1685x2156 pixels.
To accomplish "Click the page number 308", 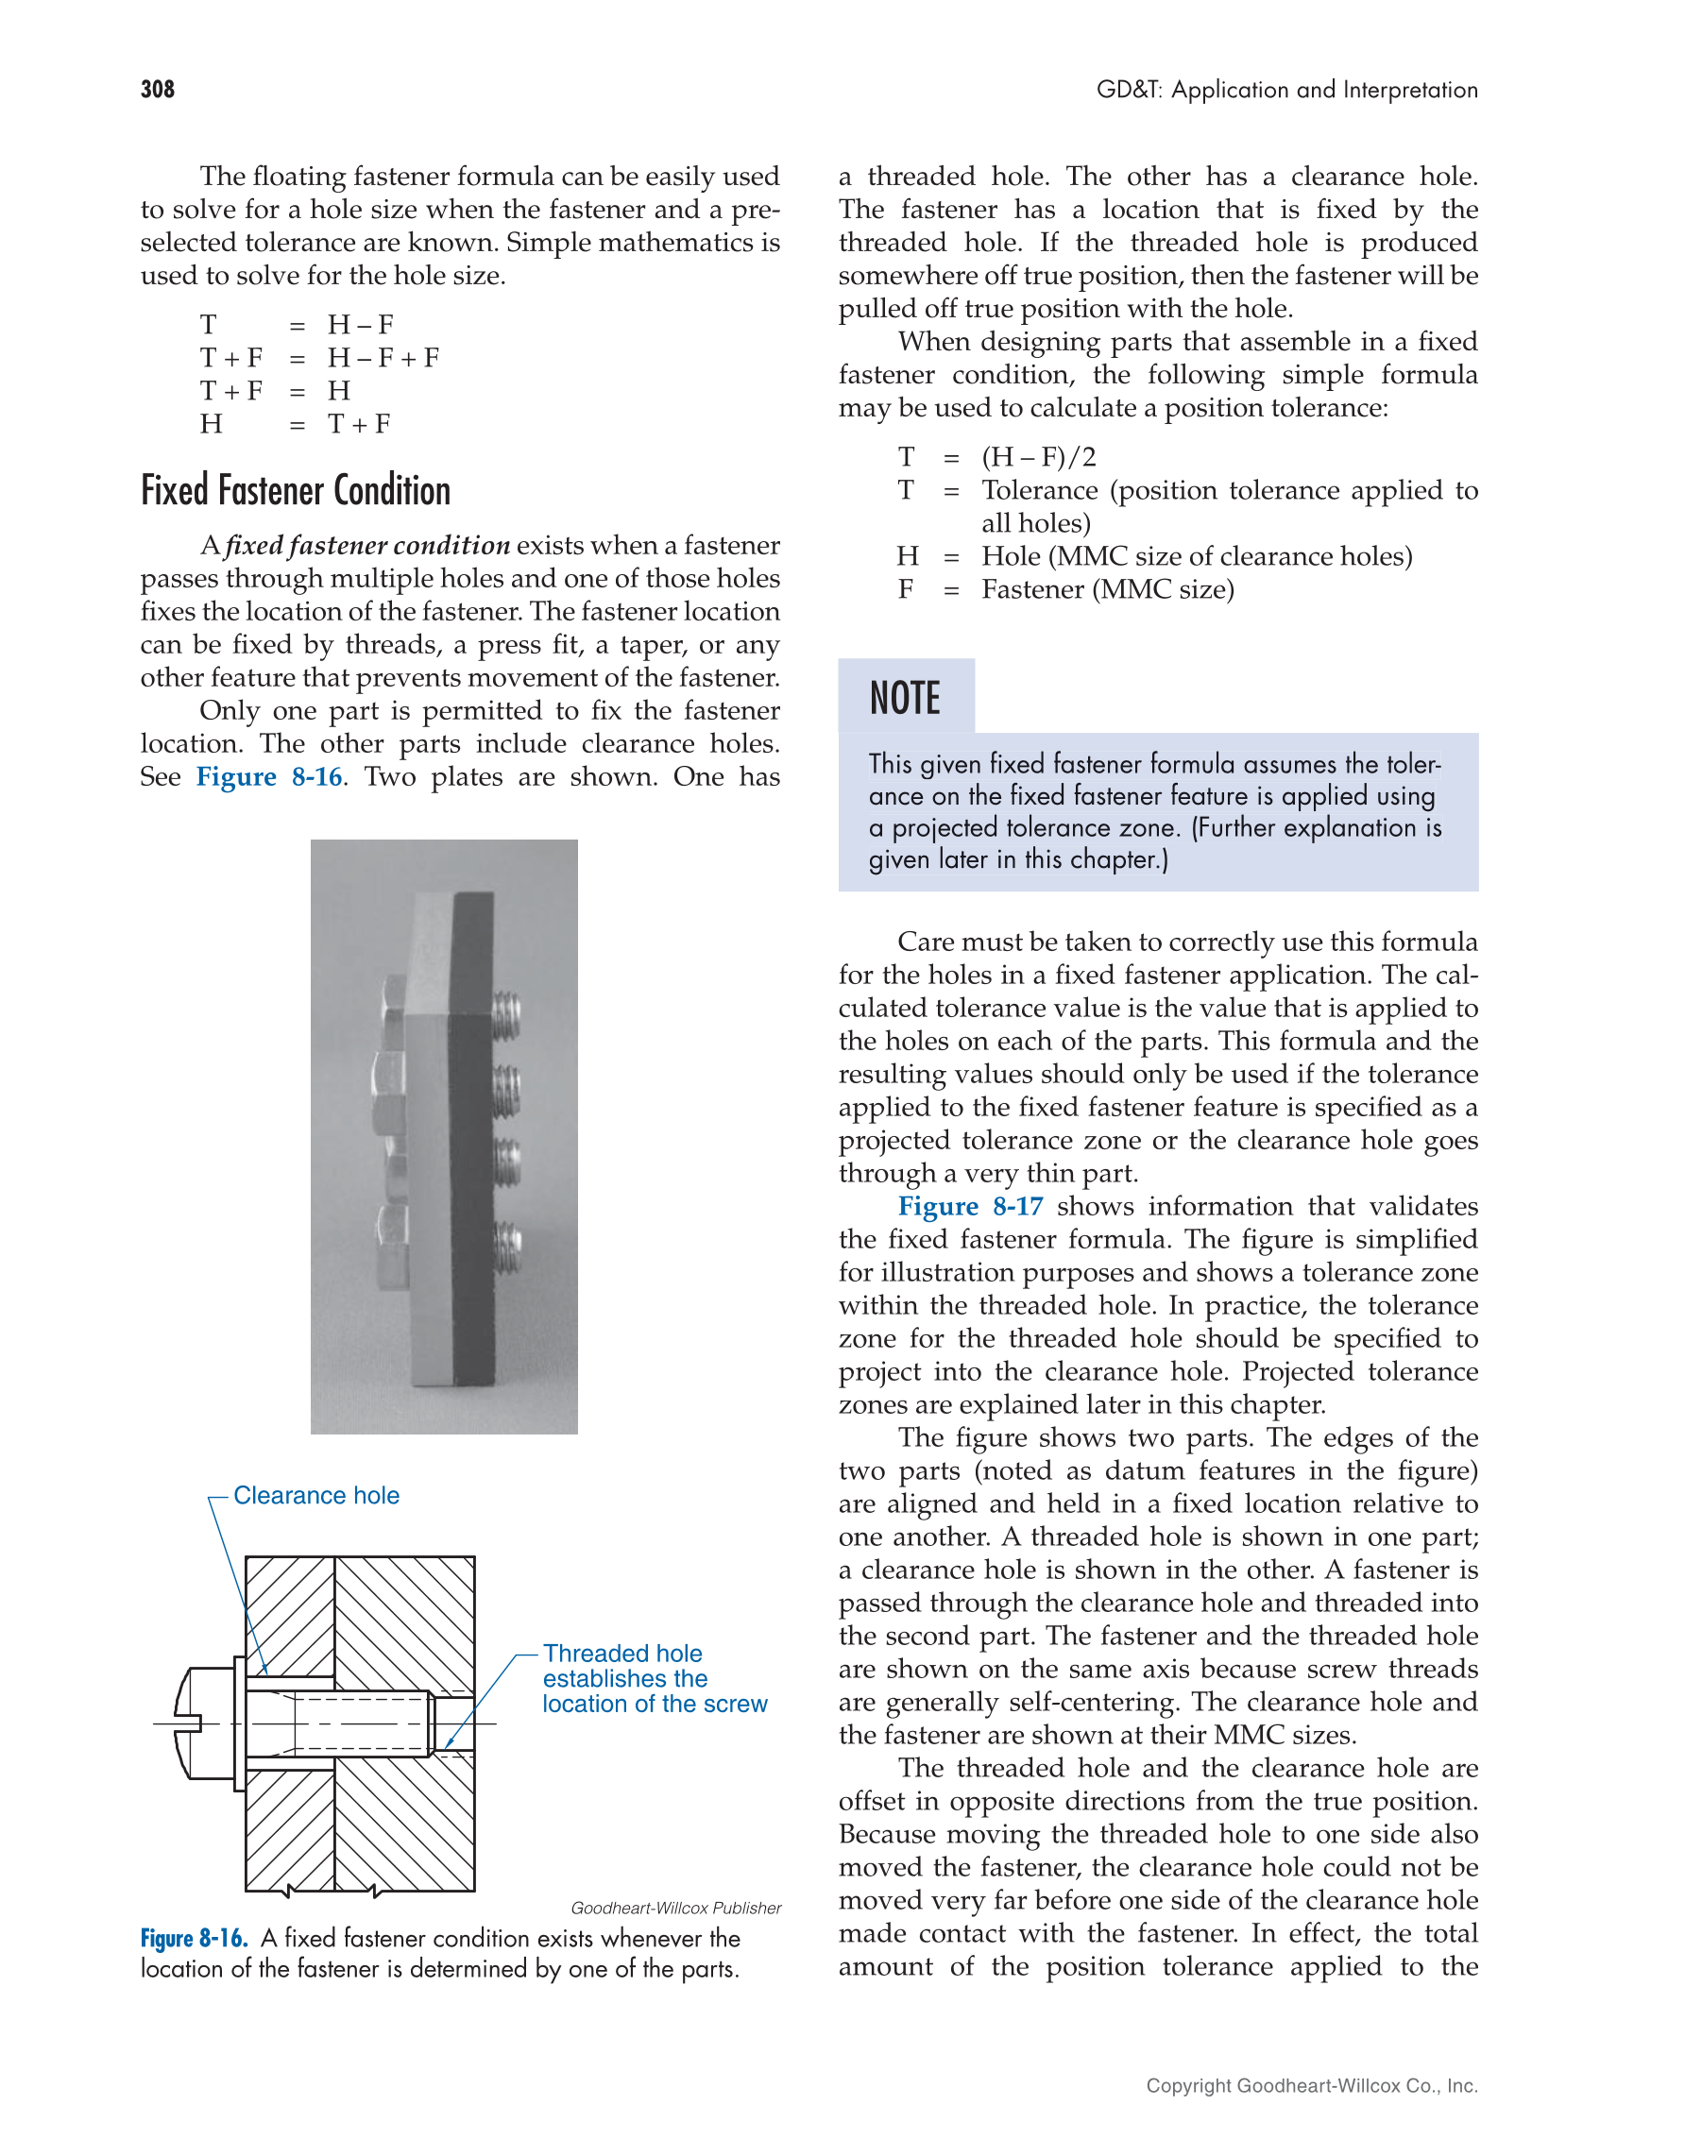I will click(x=158, y=90).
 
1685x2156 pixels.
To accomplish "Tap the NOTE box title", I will click(x=904, y=698).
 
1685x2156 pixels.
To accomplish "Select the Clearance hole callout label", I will click(x=315, y=1496).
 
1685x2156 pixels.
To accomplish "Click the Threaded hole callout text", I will click(x=654, y=1678).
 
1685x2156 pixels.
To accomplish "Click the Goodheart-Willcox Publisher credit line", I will click(x=675, y=1909).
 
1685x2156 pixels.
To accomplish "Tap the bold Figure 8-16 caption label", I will click(x=194, y=1939).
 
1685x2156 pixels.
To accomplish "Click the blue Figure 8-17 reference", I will click(x=969, y=1206).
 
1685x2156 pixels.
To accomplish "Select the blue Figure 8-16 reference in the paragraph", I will click(x=268, y=777).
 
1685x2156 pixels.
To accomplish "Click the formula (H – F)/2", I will click(x=1037, y=457).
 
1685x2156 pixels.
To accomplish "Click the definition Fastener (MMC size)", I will click(x=1107, y=589).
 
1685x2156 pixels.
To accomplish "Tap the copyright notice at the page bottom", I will click(x=1311, y=2086).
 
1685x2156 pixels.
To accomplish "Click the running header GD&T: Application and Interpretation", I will click(x=1286, y=90).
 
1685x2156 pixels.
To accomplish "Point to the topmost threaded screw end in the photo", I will click(x=507, y=1014).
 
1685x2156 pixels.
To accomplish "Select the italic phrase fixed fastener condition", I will click(x=367, y=546).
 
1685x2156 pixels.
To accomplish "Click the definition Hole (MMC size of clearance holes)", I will click(x=1196, y=557).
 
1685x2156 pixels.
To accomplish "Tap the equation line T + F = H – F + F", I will click(x=320, y=358).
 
